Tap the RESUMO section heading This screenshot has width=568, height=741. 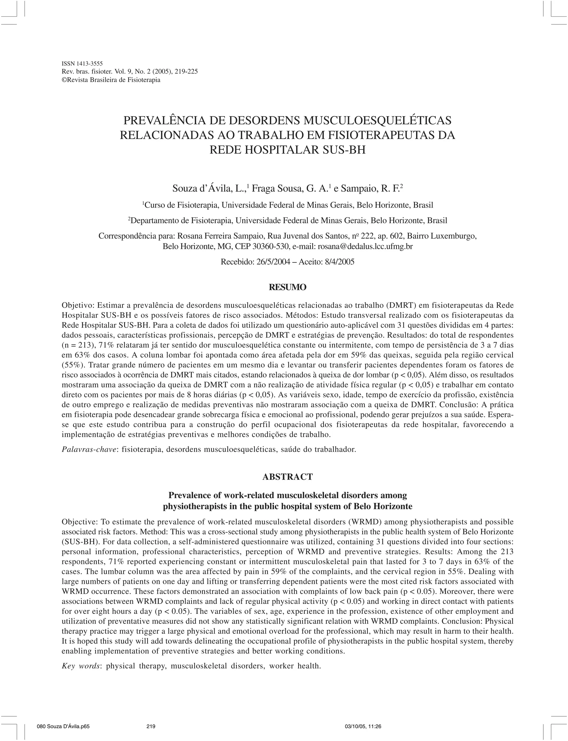click(x=287, y=287)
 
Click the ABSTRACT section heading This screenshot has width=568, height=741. click(x=287, y=477)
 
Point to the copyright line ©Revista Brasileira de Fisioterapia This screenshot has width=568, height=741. click(x=111, y=80)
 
